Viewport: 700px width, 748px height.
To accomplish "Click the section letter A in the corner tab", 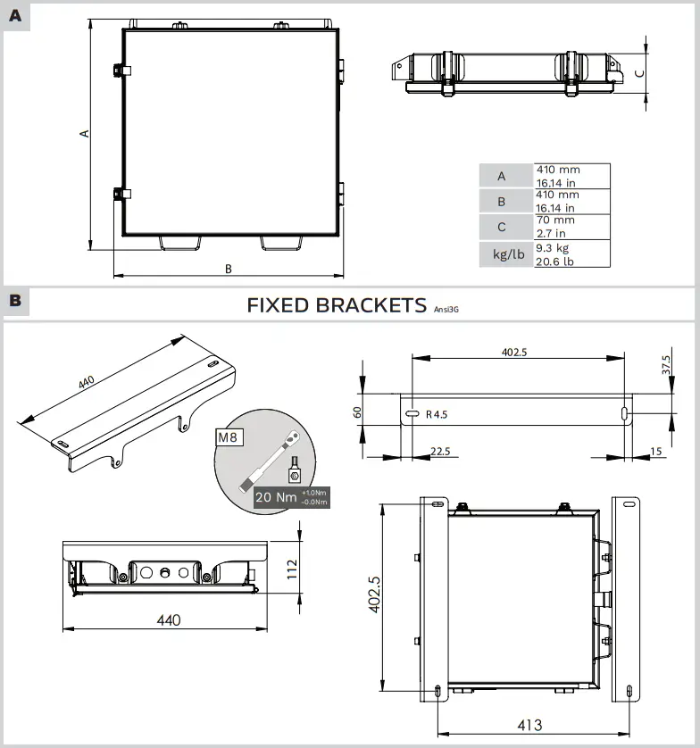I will tap(15, 15).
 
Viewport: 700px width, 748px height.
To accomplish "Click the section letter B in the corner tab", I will tap(15, 301).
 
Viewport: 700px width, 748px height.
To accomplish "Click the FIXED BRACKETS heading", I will tap(337, 305).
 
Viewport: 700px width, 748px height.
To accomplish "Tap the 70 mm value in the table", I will tap(555, 220).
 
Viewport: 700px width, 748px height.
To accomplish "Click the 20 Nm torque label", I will tap(275, 497).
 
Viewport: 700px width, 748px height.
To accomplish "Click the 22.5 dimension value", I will tap(440, 452).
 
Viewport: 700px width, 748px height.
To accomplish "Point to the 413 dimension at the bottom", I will tap(529, 725).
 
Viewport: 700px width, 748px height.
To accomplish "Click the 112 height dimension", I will tap(290, 569).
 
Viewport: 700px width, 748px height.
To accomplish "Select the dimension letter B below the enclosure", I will tap(229, 268).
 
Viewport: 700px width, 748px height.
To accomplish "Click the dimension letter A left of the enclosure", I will tap(85, 133).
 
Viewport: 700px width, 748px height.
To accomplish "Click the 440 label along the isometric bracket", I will tap(87, 381).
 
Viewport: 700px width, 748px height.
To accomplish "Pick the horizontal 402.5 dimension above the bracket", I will tap(513, 352).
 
